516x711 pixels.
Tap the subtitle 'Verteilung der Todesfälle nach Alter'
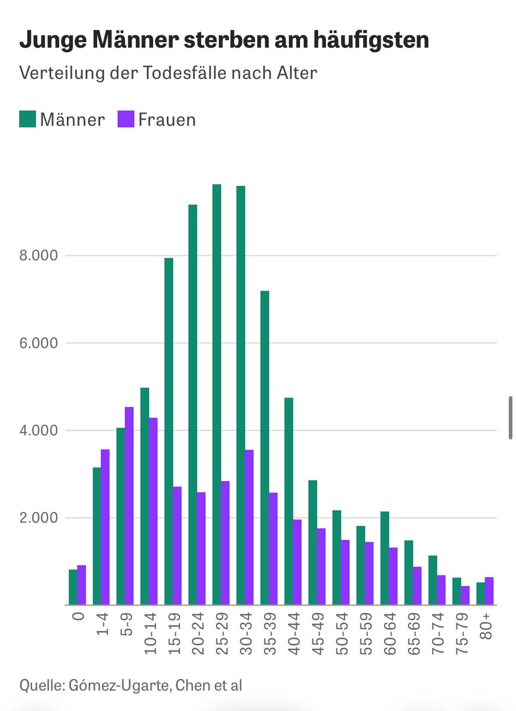(x=168, y=73)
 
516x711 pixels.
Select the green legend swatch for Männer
(x=28, y=119)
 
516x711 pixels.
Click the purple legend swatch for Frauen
(x=126, y=119)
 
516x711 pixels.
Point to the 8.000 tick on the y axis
(x=39, y=256)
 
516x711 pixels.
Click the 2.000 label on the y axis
(x=39, y=518)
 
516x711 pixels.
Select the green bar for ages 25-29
(x=217, y=394)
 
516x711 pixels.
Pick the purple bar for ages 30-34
(x=249, y=527)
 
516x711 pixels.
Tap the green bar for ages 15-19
(x=169, y=431)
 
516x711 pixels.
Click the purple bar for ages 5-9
(x=129, y=505)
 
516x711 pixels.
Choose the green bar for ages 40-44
(x=289, y=501)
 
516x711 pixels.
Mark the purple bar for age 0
(x=82, y=585)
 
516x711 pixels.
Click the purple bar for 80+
(x=489, y=591)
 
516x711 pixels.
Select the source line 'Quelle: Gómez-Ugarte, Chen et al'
(x=131, y=686)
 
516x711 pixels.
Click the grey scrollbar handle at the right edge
(x=510, y=418)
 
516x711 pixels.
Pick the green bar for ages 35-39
(x=265, y=447)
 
